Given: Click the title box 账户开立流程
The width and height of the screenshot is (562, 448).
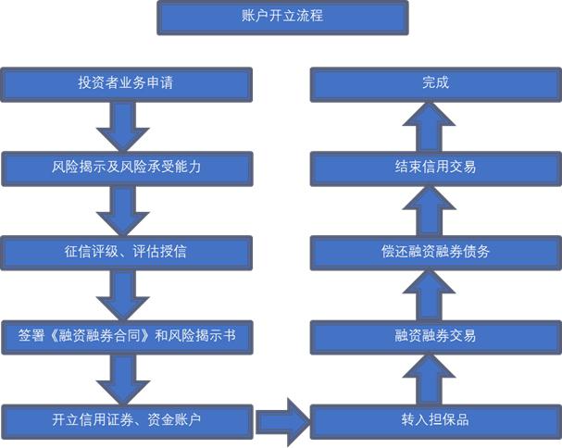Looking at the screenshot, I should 281,17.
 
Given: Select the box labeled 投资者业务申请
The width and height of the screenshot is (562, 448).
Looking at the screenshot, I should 126,83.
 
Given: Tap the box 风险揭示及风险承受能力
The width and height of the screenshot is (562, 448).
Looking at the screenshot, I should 126,168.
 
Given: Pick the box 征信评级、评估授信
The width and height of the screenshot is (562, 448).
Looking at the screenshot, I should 126,251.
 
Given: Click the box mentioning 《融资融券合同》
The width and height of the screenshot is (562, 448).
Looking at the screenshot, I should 126,335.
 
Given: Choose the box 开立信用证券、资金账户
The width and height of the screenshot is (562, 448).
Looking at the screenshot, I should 126,420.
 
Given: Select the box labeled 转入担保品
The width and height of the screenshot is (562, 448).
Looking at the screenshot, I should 435,420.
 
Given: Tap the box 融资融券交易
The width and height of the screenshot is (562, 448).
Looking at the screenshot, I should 435,335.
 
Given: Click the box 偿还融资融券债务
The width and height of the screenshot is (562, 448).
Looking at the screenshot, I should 435,251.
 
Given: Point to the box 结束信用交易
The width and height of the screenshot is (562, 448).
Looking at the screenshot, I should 435,168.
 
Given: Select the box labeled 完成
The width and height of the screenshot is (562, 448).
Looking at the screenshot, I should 435,83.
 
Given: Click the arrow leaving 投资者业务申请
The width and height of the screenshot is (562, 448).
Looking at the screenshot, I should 123,125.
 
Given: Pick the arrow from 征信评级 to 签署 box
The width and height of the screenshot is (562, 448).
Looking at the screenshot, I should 123,293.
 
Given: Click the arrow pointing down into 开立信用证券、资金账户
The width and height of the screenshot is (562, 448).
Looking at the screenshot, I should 123,378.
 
